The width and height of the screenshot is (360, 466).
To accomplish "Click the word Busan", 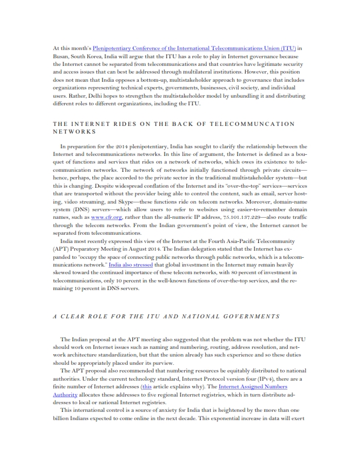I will point(61,58).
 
